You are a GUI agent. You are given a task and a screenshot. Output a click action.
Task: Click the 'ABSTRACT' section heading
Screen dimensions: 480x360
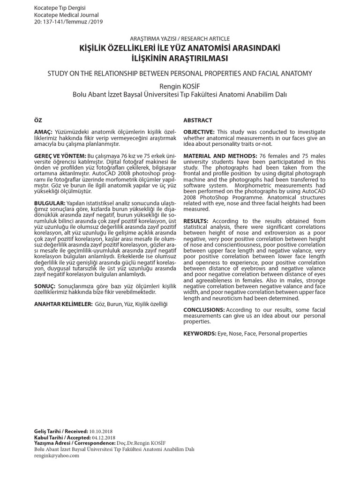point(197,120)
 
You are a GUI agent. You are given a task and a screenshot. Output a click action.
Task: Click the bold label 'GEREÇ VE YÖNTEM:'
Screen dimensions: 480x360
point(60,155)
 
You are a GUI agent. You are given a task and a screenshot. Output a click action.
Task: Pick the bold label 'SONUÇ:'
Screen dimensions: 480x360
point(45,285)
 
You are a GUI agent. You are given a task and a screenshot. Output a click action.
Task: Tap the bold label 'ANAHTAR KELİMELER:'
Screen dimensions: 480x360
point(64,304)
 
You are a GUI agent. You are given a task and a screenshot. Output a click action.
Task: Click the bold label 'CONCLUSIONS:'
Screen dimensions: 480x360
point(204,310)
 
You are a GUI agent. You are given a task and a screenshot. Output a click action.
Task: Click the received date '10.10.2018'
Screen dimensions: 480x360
point(101,431)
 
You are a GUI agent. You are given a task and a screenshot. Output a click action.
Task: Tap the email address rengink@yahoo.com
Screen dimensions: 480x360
point(57,455)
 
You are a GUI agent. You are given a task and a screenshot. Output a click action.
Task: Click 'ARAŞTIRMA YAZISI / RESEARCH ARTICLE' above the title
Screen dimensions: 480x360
point(180,38)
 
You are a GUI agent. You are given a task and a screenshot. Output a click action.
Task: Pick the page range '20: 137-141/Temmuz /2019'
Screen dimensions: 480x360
point(68,22)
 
